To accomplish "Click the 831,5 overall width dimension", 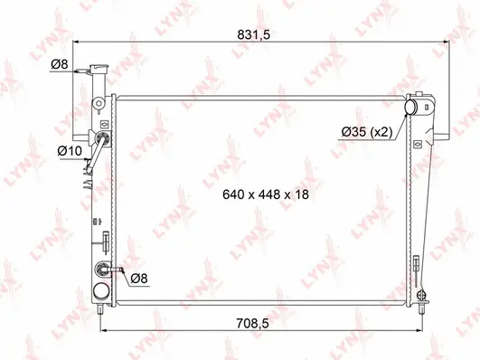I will pyautogui.click(x=260, y=34).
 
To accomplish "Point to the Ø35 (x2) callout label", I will pyautogui.click(x=366, y=132).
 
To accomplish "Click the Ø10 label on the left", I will pyautogui.click(x=69, y=149).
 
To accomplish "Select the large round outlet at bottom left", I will pyautogui.click(x=100, y=291).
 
